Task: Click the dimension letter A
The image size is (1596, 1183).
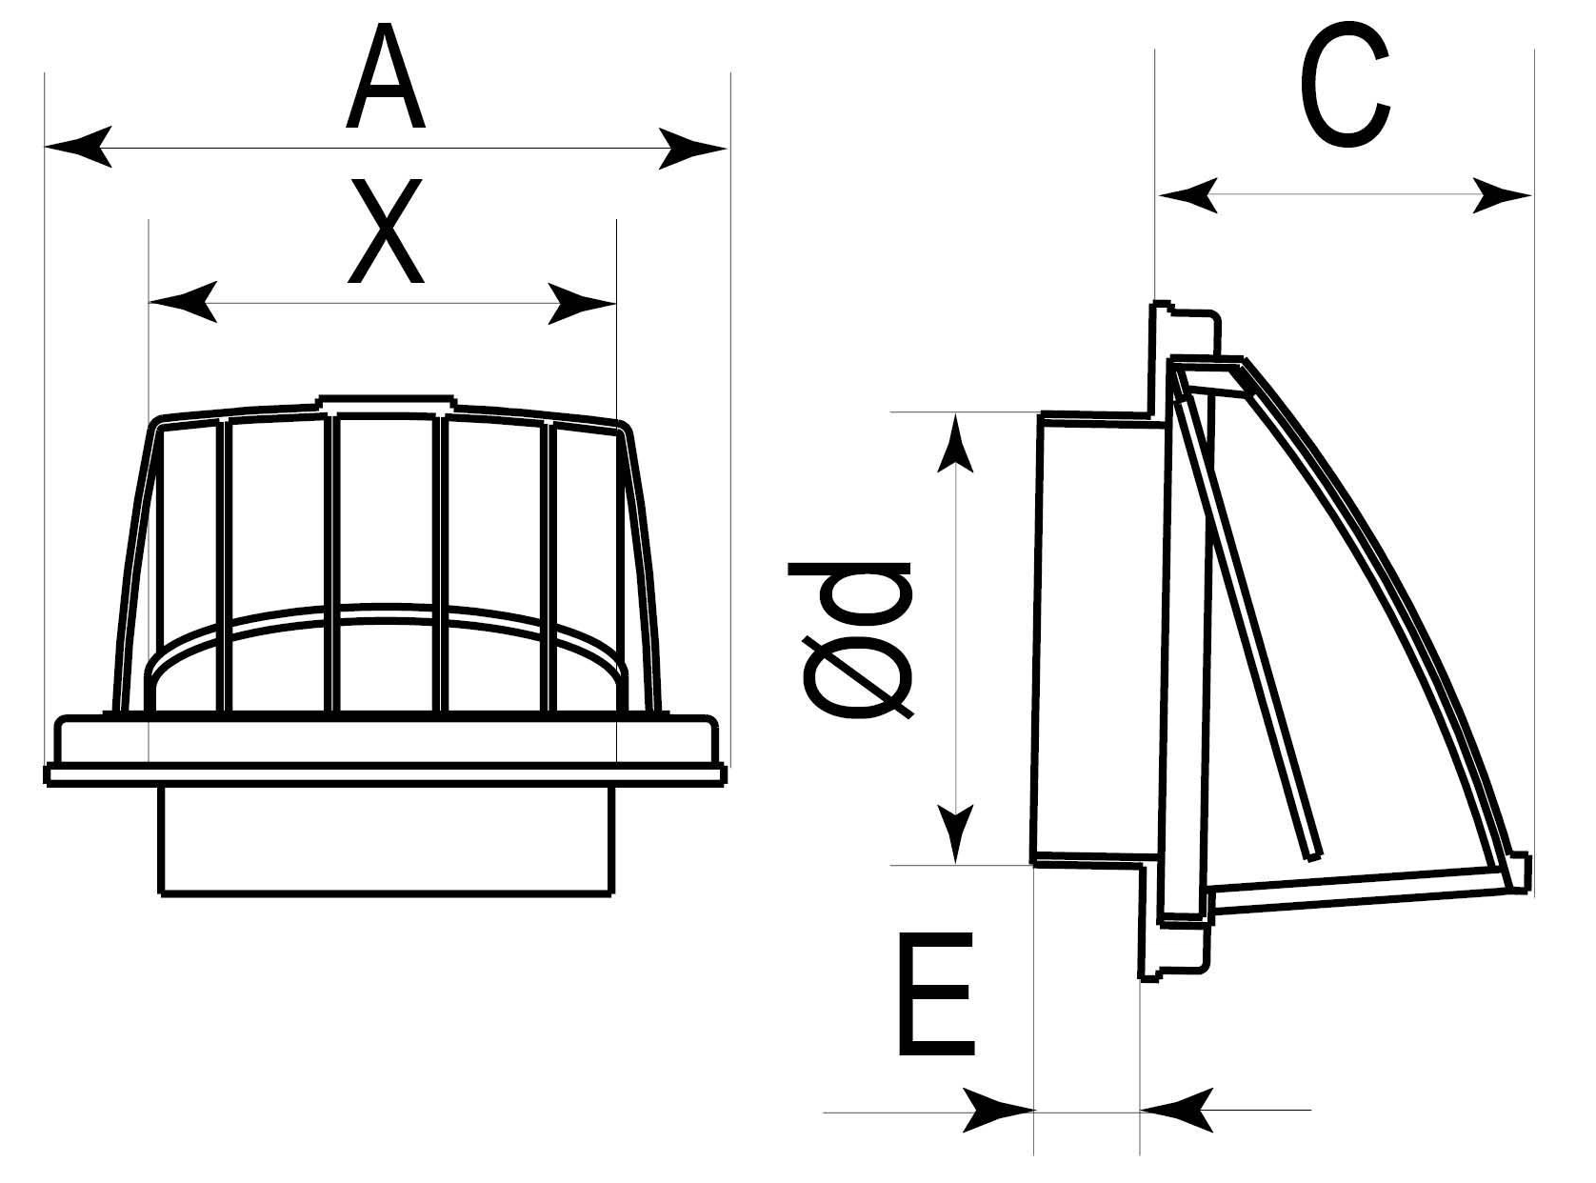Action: pyautogui.click(x=386, y=79)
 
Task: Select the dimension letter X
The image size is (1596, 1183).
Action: pyautogui.click(x=385, y=233)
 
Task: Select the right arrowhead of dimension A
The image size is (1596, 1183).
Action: pyautogui.click(x=692, y=149)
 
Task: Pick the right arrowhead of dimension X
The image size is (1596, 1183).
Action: pyautogui.click(x=582, y=304)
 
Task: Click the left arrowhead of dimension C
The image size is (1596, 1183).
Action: pyautogui.click(x=1187, y=195)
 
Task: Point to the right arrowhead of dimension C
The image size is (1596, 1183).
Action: pyautogui.click(x=1502, y=196)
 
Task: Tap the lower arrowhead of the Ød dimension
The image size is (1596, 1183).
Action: pyautogui.click(x=955, y=832)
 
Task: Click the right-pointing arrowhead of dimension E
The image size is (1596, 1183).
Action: pyautogui.click(x=1000, y=1110)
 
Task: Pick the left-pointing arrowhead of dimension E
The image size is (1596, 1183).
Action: pyautogui.click(x=1176, y=1110)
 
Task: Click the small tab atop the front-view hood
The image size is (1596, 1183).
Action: pyautogui.click(x=385, y=404)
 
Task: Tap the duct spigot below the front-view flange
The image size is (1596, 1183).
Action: pyautogui.click(x=386, y=838)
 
